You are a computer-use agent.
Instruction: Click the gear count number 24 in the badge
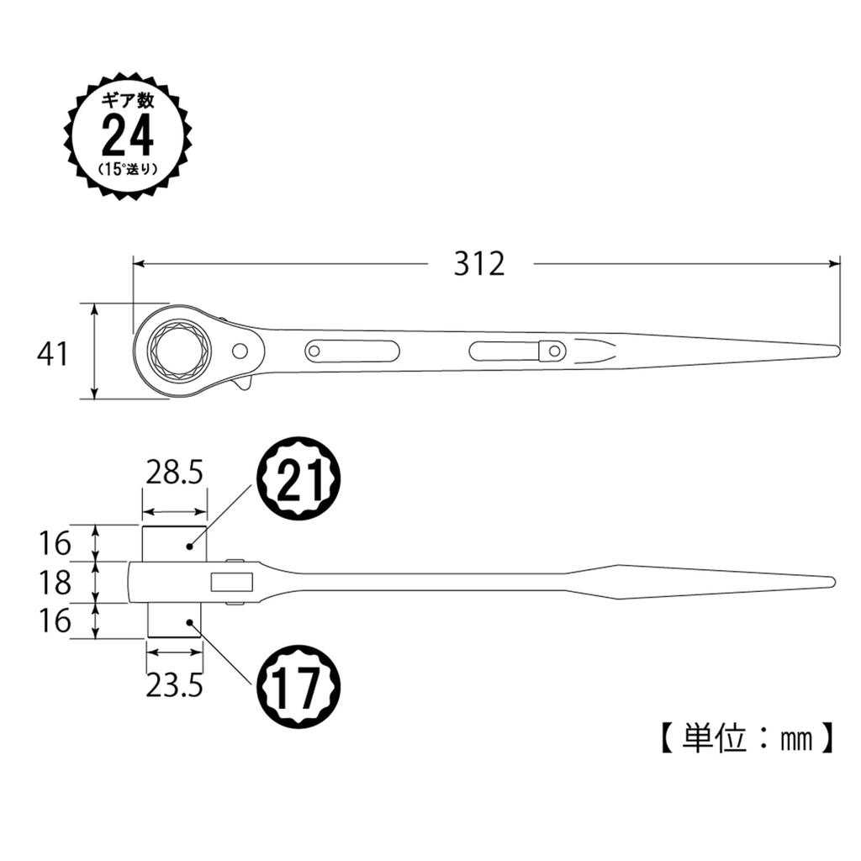click(x=128, y=135)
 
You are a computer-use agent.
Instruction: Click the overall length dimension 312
click(x=479, y=263)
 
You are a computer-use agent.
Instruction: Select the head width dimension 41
click(x=52, y=354)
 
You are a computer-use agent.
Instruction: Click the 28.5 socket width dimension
click(x=174, y=473)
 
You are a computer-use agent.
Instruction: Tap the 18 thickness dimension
click(x=53, y=582)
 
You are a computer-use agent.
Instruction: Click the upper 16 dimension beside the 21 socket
click(x=53, y=543)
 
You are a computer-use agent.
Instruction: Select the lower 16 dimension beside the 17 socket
click(x=53, y=621)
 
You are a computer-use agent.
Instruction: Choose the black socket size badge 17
click(x=298, y=688)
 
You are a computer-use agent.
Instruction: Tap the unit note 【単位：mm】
click(x=745, y=737)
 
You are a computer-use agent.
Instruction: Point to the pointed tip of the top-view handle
click(x=834, y=351)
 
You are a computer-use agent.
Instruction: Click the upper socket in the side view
click(x=174, y=544)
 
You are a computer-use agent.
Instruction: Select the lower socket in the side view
click(x=175, y=622)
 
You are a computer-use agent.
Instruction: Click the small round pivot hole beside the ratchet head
click(x=240, y=351)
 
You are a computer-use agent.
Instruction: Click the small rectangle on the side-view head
click(x=231, y=581)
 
